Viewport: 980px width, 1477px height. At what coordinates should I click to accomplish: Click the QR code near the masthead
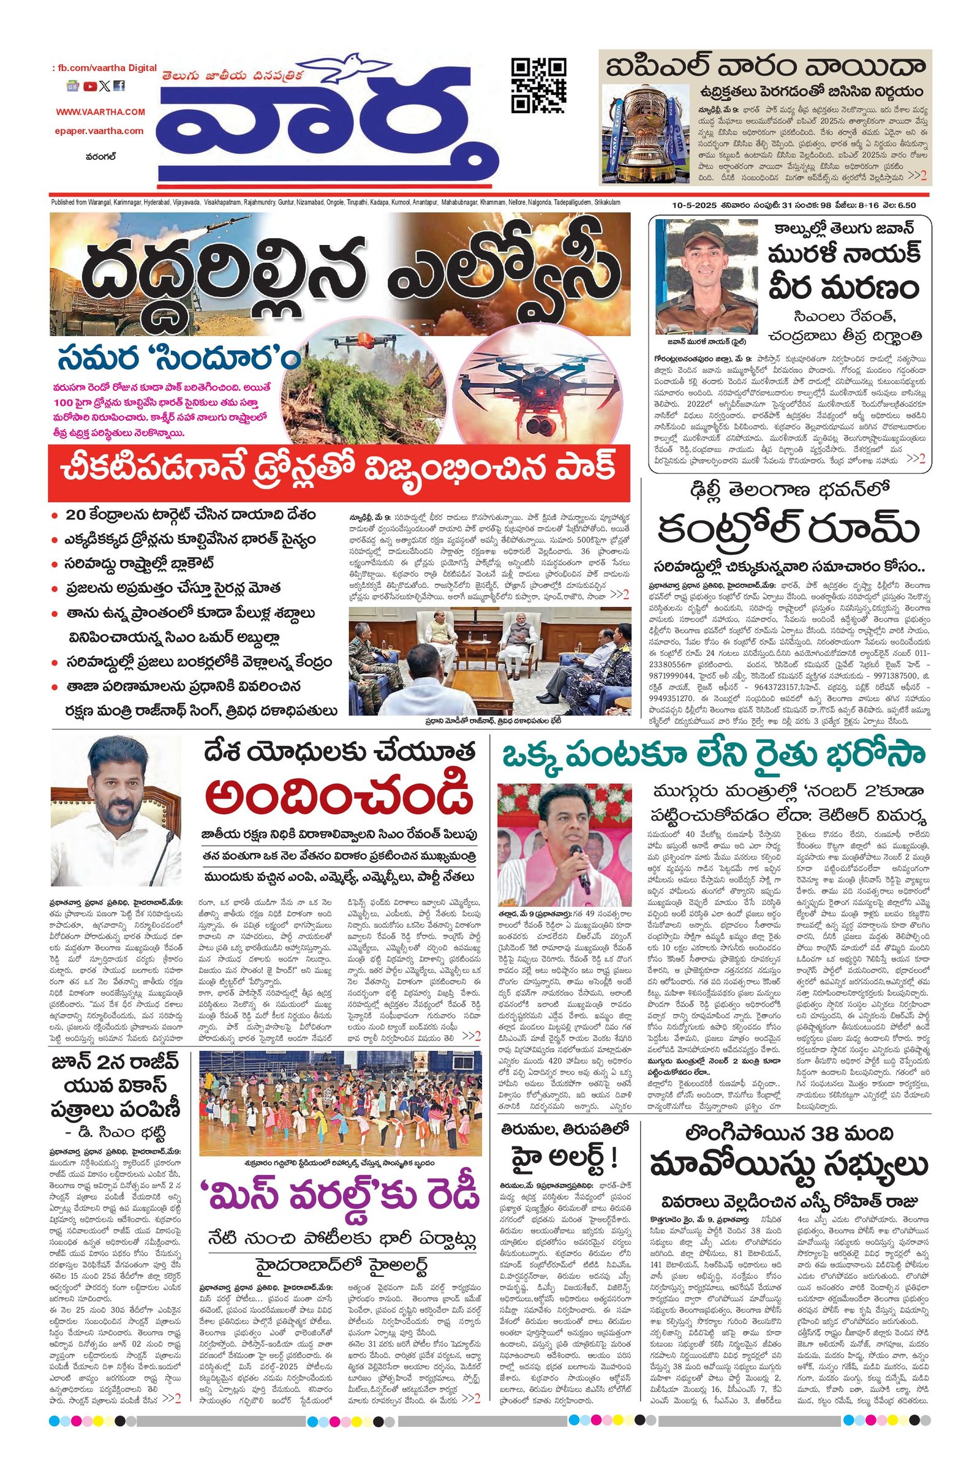click(539, 85)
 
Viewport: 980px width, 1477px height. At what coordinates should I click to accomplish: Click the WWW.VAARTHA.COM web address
click(100, 112)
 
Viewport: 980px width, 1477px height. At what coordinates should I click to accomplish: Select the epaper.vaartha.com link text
click(98, 131)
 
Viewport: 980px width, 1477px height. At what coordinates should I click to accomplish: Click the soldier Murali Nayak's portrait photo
click(706, 277)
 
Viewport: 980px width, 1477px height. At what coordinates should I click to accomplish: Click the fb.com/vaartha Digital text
click(104, 68)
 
